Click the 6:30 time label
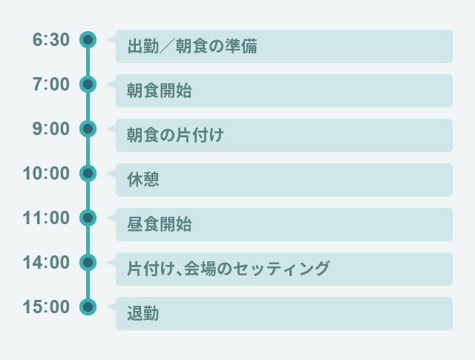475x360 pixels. [x=50, y=40]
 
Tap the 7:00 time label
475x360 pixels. [x=50, y=85]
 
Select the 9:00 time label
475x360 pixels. [x=50, y=129]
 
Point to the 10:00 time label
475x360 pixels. [x=46, y=174]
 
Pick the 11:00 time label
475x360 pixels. [x=46, y=218]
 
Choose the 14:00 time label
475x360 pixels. [x=46, y=263]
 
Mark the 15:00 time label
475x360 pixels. [x=46, y=307]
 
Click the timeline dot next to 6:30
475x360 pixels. [x=88, y=39]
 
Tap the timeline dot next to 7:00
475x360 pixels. [x=88, y=84]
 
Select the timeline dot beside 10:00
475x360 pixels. [x=88, y=173]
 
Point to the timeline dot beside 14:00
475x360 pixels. [x=88, y=262]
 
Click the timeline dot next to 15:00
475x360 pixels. [x=88, y=307]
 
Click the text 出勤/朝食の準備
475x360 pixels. [x=192, y=47]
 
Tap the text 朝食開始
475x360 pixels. [x=160, y=91]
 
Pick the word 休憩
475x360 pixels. [x=143, y=180]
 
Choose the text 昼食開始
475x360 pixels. [x=160, y=225]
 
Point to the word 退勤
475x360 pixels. [x=143, y=314]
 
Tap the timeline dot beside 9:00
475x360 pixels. [x=88, y=128]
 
